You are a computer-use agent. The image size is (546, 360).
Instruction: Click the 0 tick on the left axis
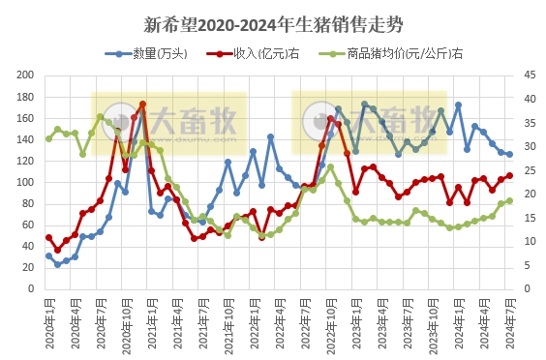click(32, 289)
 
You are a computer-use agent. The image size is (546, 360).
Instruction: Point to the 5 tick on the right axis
click(528, 265)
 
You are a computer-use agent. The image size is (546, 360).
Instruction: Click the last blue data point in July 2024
click(509, 154)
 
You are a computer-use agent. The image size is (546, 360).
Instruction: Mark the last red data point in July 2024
click(509, 176)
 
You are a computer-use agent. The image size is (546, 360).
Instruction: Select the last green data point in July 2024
click(509, 201)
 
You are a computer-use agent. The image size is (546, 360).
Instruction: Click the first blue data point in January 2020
click(48, 256)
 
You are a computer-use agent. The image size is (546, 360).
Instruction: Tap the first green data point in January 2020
click(48, 138)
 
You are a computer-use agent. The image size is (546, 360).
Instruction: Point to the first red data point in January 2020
click(48, 237)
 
